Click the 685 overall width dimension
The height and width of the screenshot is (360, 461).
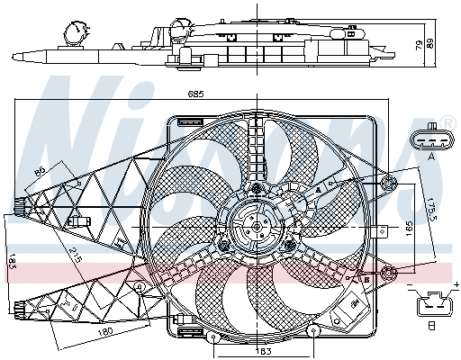click(199, 94)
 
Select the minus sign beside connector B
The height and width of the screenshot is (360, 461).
click(410, 286)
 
